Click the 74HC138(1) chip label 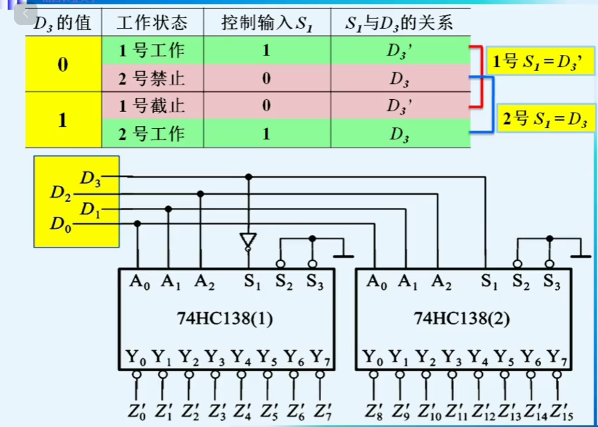225,319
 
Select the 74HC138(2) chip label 462,319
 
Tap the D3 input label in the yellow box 90,178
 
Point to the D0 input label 61,224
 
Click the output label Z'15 561,412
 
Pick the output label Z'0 136,412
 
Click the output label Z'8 374,412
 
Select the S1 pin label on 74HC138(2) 489,282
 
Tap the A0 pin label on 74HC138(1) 140,282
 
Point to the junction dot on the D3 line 249,177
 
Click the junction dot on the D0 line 137,224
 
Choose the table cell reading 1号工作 152,50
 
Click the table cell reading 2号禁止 152,79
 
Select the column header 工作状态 152,23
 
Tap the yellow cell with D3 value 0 63,64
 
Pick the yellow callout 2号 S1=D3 545,118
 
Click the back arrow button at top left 26,14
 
